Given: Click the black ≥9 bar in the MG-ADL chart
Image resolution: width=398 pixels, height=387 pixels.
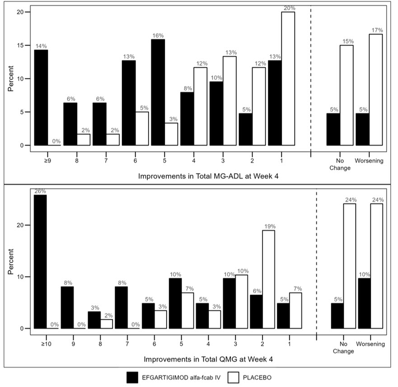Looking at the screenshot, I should click(x=41, y=97).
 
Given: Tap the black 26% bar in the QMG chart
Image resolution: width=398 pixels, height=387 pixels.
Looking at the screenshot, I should click(x=40, y=262).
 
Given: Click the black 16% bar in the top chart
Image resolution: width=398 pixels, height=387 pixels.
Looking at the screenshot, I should click(x=158, y=92).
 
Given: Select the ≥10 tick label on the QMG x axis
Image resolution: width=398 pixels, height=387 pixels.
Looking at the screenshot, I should click(x=40, y=344).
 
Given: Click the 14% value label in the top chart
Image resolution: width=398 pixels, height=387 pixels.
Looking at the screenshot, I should click(x=41, y=46).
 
